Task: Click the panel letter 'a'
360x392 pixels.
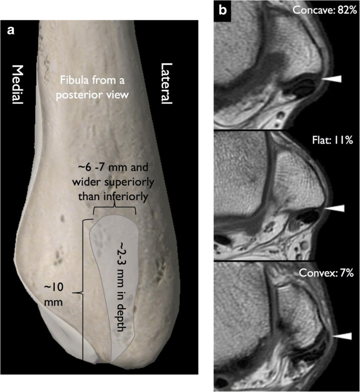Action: point(10,30)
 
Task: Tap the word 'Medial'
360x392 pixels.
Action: point(18,85)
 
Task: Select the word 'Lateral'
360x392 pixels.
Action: point(167,85)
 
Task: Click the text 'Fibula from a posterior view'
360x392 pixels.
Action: point(94,87)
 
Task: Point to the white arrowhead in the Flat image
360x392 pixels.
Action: point(333,209)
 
